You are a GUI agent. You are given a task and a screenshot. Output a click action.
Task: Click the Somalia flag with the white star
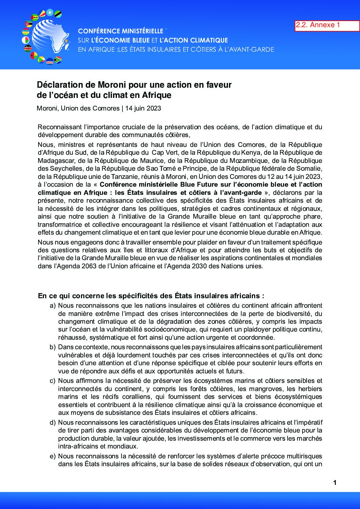[x=50, y=13]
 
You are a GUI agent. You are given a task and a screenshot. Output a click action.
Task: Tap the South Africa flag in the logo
[x=58, y=60]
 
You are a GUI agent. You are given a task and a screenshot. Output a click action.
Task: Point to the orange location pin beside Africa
[x=66, y=42]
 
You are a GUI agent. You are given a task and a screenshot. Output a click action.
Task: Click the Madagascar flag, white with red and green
[x=26, y=40]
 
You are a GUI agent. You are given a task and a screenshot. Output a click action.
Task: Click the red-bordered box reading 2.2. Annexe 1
[x=327, y=26]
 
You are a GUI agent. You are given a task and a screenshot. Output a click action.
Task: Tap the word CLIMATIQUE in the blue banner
[x=209, y=40]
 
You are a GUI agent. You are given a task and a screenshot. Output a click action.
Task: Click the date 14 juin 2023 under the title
[x=143, y=108]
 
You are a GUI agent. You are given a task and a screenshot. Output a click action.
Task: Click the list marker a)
[x=53, y=306]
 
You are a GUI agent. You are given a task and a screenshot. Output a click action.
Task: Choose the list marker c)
[x=53, y=381]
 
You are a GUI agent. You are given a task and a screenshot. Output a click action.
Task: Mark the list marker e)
[x=53, y=456]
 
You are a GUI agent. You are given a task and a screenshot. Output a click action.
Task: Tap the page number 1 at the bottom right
[x=335, y=482]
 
